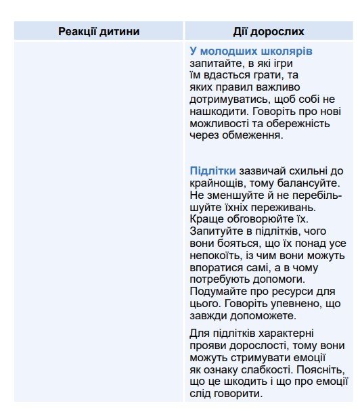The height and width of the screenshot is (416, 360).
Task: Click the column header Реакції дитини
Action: (99, 31)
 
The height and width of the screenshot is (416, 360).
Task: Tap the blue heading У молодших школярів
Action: (251, 51)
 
